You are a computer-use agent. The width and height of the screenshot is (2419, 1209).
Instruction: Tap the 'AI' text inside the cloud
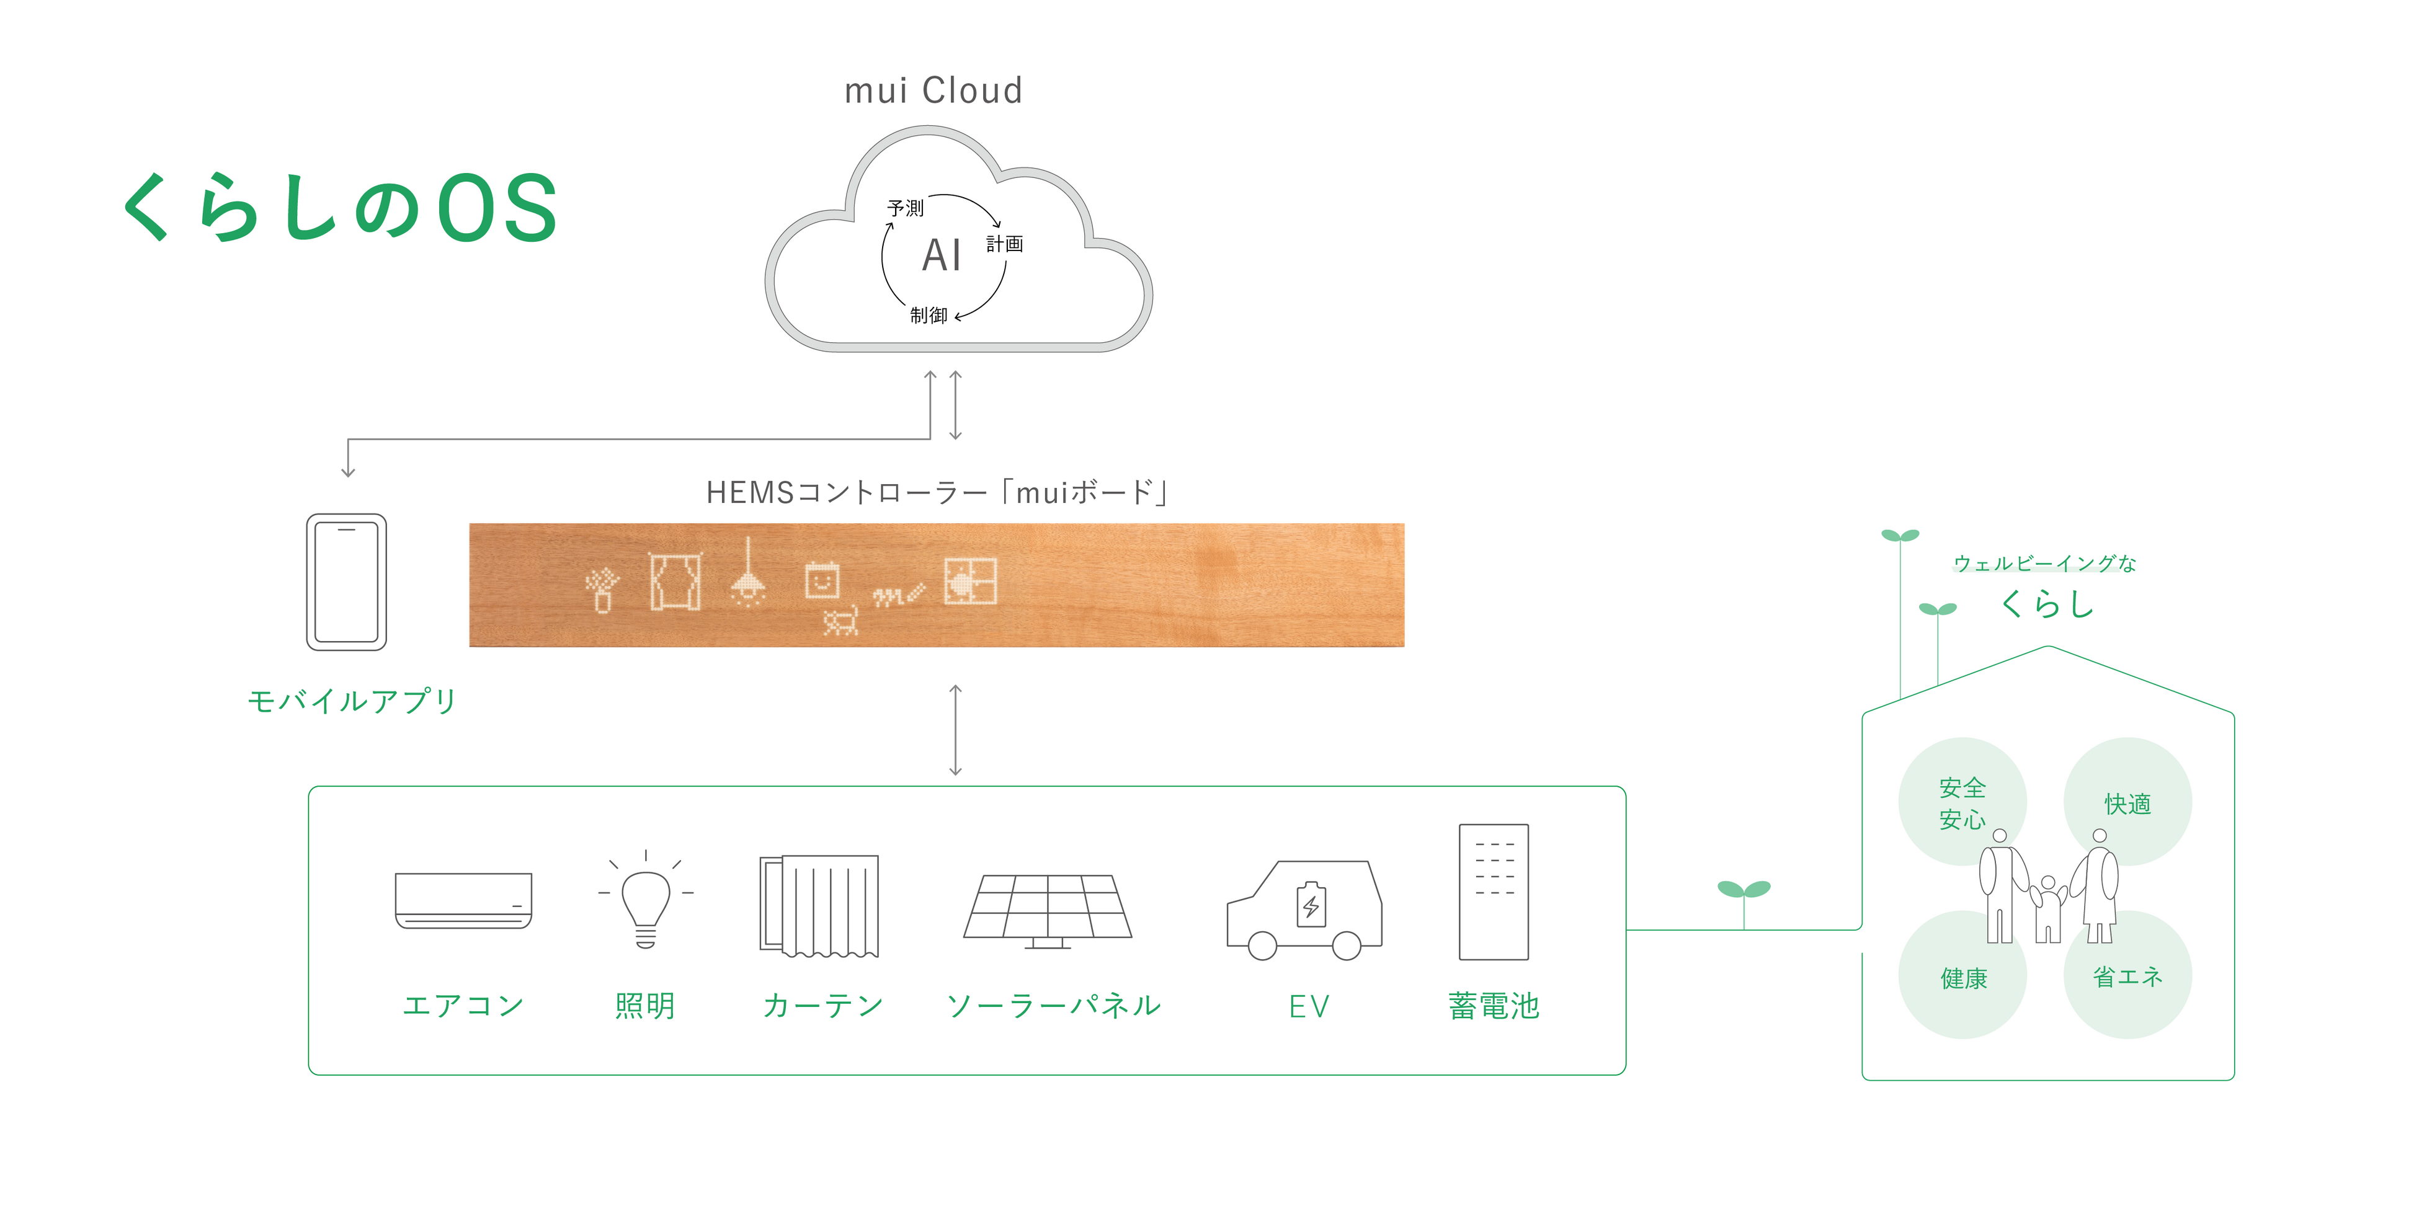pyautogui.click(x=942, y=255)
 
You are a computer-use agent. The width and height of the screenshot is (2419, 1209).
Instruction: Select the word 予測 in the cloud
pyautogui.click(x=905, y=208)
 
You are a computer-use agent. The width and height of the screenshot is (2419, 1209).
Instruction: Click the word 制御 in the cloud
pyautogui.click(x=929, y=316)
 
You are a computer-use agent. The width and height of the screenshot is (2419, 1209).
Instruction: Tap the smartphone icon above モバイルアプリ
pyautogui.click(x=347, y=582)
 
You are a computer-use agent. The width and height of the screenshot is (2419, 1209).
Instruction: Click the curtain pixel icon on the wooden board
pyautogui.click(x=675, y=581)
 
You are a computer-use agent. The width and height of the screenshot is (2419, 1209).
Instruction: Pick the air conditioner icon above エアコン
pyautogui.click(x=463, y=900)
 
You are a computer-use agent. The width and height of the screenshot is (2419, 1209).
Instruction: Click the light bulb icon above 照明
pyautogui.click(x=646, y=899)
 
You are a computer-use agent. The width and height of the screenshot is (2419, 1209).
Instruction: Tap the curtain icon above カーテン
pyautogui.click(x=819, y=906)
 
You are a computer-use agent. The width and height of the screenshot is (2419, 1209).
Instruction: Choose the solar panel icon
pyautogui.click(x=1048, y=911)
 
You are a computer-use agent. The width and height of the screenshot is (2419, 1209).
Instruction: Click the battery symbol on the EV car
pyautogui.click(x=1311, y=905)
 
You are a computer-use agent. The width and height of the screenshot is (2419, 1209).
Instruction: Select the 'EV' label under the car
pyautogui.click(x=1309, y=1006)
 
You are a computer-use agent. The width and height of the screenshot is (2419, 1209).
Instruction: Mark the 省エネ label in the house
pyautogui.click(x=2128, y=977)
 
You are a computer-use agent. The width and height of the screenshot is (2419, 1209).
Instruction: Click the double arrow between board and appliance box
pyautogui.click(x=955, y=730)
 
